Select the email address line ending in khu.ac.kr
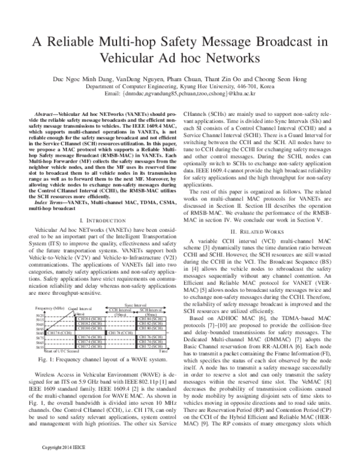click(x=179, y=94)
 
